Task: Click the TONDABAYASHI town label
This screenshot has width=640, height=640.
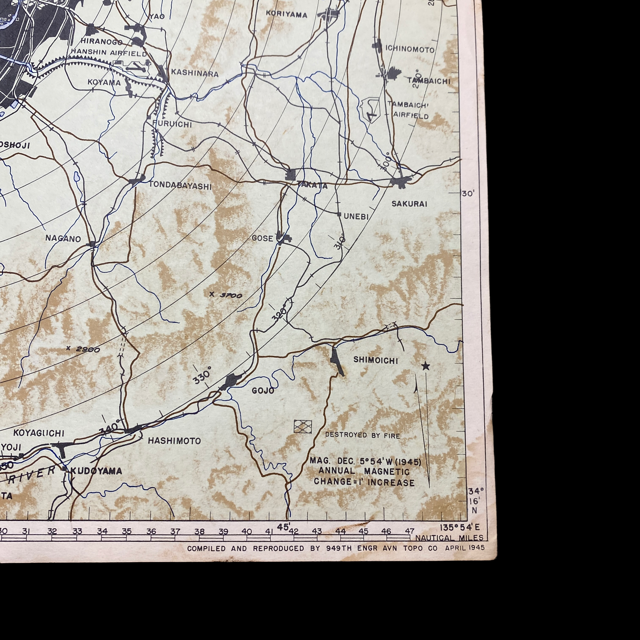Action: [180, 186]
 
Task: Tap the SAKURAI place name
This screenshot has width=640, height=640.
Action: [409, 204]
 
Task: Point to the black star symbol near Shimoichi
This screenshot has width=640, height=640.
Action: [425, 366]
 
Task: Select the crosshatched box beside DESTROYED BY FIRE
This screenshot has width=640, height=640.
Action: [303, 426]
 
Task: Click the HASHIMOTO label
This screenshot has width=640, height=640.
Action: [174, 441]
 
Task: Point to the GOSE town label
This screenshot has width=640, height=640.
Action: [262, 238]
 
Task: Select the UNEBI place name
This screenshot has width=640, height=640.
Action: [356, 217]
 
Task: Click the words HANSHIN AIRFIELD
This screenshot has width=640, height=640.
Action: [109, 53]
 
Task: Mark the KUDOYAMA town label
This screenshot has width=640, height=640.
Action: [96, 471]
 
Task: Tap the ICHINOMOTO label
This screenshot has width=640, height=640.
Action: [409, 50]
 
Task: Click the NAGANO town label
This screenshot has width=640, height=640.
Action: [63, 238]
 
